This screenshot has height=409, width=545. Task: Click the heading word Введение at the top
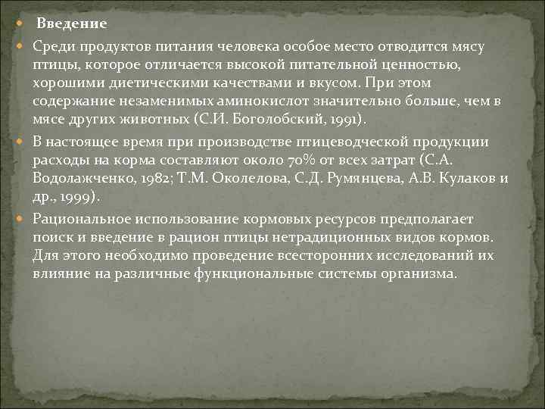click(x=72, y=24)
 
